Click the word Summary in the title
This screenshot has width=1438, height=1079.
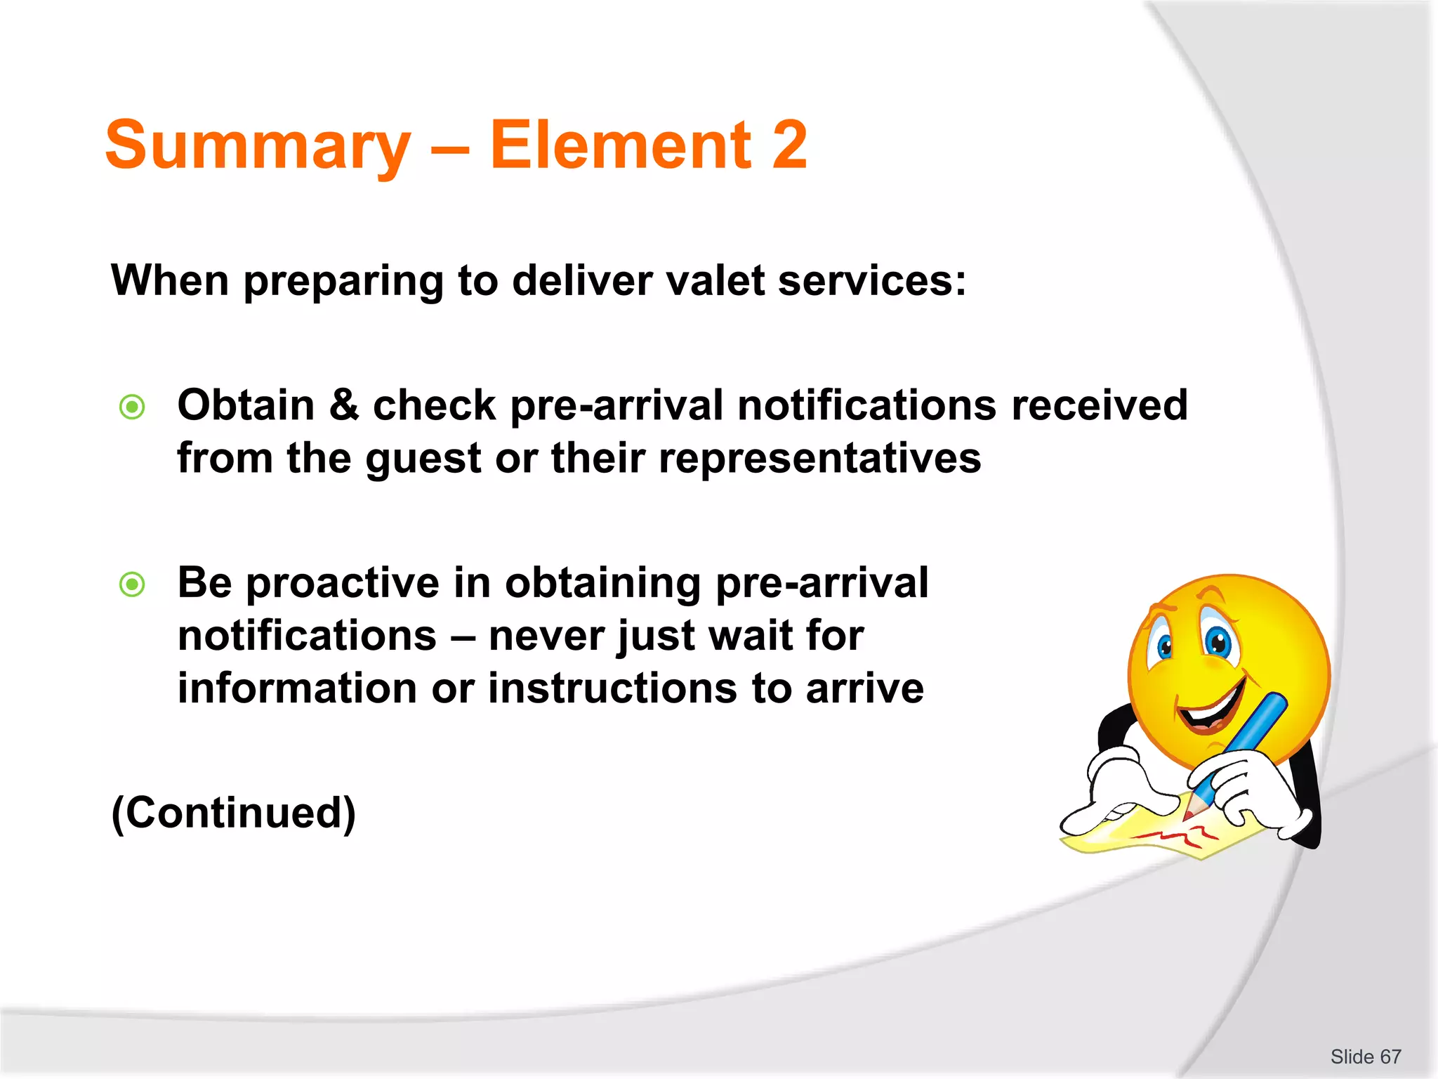257,146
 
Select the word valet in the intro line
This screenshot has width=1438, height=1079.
713,281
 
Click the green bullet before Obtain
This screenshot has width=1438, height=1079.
132,407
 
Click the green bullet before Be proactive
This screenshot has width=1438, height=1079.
132,584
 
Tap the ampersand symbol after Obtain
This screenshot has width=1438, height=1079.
343,405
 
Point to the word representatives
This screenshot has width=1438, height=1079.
819,459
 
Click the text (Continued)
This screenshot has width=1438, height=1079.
234,813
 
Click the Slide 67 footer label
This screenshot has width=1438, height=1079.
1365,1057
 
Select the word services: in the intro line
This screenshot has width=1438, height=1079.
872,281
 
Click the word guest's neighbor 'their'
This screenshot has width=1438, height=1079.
598,459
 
